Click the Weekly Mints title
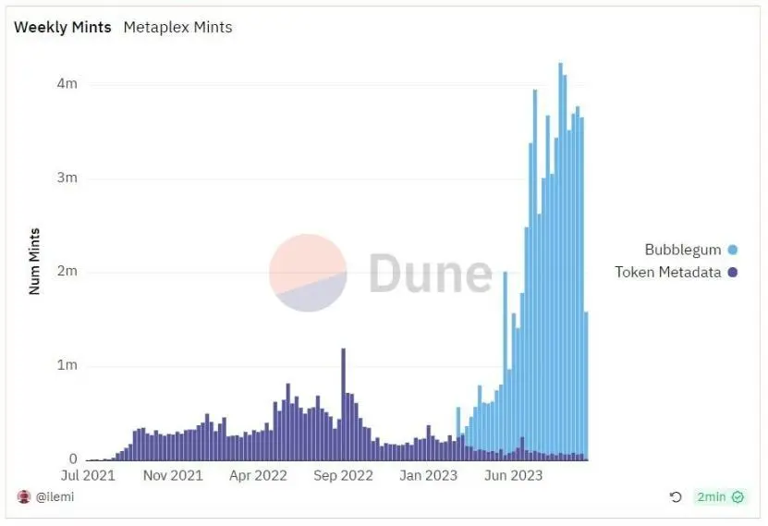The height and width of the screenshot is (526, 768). (x=62, y=28)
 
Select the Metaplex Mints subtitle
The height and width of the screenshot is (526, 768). (x=177, y=28)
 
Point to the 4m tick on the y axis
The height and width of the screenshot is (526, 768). (x=67, y=84)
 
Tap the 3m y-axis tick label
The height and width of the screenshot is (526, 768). (x=67, y=178)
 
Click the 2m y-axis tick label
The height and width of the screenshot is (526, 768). (x=67, y=272)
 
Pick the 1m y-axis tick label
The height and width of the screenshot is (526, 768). (x=67, y=366)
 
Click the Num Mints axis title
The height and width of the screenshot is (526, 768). (x=35, y=261)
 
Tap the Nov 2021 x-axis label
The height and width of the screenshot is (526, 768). (x=174, y=476)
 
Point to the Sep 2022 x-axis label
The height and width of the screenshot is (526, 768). (x=343, y=476)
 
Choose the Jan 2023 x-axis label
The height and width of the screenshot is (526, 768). (x=429, y=476)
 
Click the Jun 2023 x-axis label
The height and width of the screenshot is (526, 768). (x=513, y=476)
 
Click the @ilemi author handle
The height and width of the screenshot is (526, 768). (x=55, y=497)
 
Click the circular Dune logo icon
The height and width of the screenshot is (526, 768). (x=308, y=273)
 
